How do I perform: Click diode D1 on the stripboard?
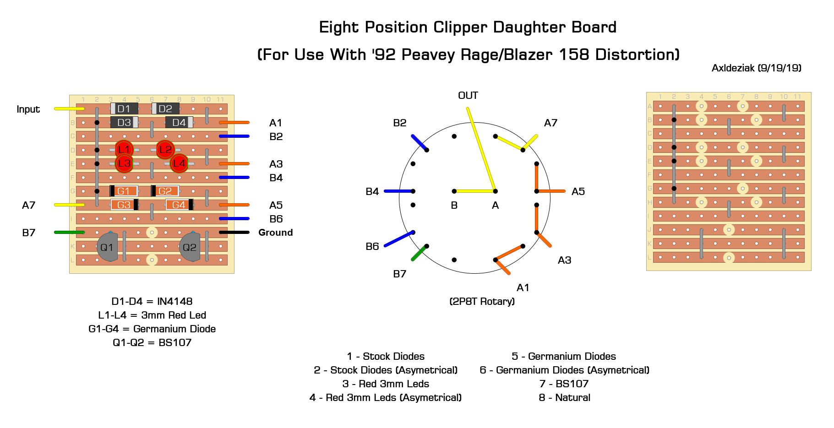point(124,108)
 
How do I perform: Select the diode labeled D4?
point(179,122)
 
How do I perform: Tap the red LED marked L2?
point(165,150)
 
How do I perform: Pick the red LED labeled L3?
point(124,163)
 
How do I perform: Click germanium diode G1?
point(124,191)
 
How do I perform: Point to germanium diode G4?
point(179,205)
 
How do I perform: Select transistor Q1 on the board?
point(108,247)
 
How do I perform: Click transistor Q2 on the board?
point(190,247)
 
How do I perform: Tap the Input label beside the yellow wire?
point(28,109)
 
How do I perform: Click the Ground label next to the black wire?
point(276,233)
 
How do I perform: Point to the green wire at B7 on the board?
point(69,233)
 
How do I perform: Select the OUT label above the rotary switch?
point(468,95)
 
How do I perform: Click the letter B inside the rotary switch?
point(454,206)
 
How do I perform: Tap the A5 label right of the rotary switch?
point(578,191)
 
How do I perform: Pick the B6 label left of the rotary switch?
point(372,246)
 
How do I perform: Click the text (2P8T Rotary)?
point(482,301)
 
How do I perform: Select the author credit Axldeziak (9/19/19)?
point(757,68)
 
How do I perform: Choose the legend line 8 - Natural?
point(565,397)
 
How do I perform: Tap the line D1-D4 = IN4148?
point(152,301)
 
